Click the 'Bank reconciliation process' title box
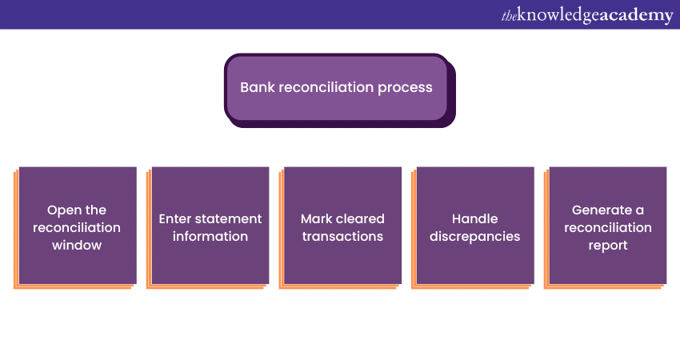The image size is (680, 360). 337,87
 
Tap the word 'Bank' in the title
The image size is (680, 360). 257,87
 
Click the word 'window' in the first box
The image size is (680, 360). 77,245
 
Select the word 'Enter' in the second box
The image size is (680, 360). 176,218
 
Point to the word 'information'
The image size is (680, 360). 210,236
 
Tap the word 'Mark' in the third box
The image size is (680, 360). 315,218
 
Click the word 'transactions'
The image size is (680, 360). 342,236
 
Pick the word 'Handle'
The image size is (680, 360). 474,218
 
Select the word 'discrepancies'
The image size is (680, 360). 474,236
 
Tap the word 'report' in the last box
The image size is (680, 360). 608,245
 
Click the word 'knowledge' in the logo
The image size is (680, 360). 560,15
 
